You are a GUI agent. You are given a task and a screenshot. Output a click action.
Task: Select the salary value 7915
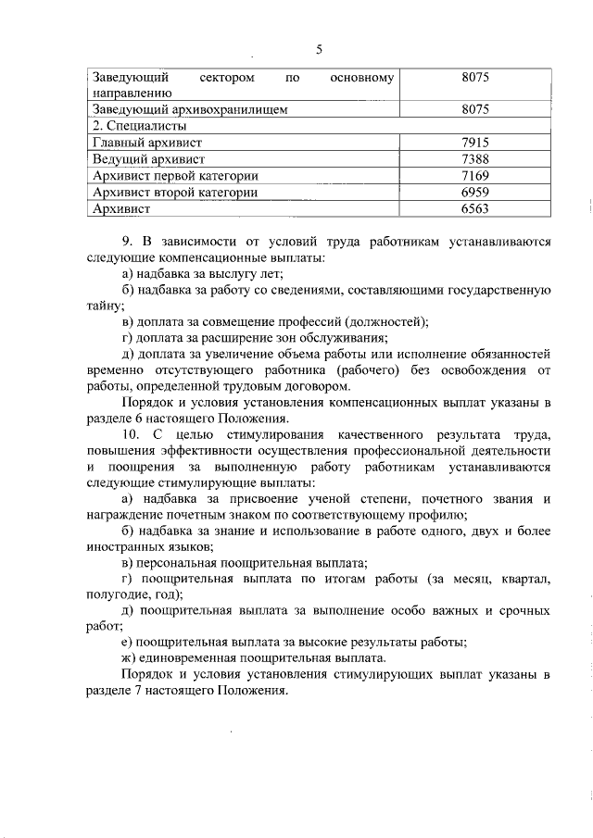pos(473,142)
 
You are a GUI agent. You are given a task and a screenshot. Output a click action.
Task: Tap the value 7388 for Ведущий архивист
pos(473,158)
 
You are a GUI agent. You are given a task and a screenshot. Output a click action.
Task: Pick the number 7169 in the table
pos(473,175)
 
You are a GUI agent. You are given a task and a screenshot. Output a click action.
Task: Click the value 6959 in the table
pos(473,192)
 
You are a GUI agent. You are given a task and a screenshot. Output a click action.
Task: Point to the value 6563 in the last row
pos(473,209)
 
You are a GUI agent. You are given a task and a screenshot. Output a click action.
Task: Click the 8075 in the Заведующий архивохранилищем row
pos(473,108)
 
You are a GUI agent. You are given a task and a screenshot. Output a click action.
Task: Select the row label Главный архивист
pos(148,142)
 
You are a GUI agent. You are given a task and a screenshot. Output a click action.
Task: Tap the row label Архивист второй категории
pos(175,192)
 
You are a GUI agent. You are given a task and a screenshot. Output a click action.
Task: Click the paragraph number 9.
pos(127,243)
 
